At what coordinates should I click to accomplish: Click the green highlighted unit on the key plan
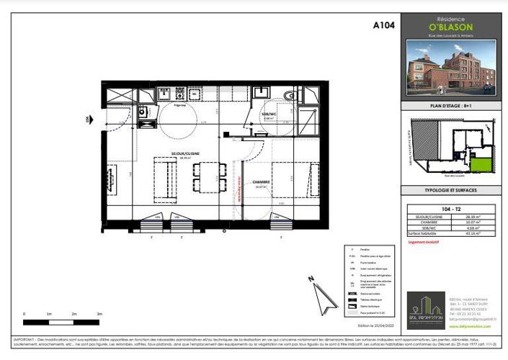(486, 165)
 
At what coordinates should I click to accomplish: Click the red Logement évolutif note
(425, 243)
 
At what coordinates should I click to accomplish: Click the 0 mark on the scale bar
(24, 314)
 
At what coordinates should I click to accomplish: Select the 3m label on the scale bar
(99, 314)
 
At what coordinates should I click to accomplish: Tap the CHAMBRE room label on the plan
(261, 182)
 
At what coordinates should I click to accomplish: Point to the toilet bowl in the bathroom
(289, 95)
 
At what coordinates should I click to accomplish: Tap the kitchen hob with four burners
(164, 93)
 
